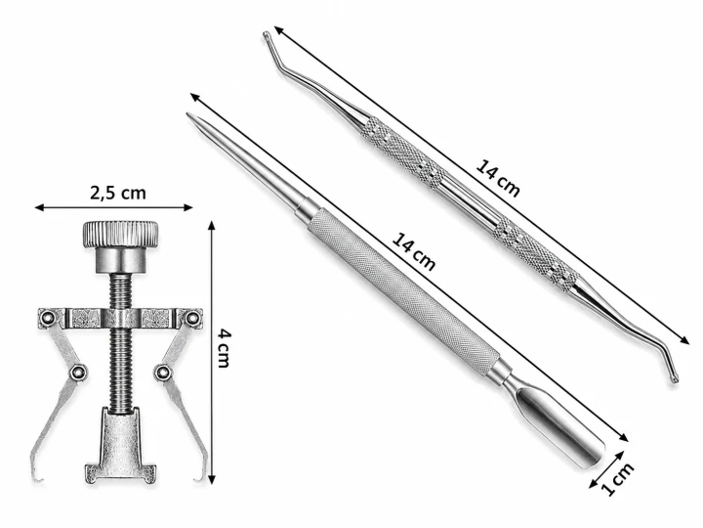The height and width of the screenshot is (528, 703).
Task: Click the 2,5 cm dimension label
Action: (118, 193)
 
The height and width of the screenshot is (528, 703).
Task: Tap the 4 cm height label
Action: (224, 348)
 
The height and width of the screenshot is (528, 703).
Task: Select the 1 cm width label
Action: (618, 478)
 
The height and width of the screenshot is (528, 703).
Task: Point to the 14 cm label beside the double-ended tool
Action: (498, 178)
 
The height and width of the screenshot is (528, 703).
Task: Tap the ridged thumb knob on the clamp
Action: (120, 234)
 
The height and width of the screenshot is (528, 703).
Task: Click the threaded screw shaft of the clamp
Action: (120, 343)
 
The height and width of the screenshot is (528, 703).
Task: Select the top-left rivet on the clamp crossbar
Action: (46, 319)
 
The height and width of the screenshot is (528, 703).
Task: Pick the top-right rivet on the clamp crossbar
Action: (192, 318)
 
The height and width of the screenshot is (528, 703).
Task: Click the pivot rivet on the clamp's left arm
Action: (78, 372)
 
